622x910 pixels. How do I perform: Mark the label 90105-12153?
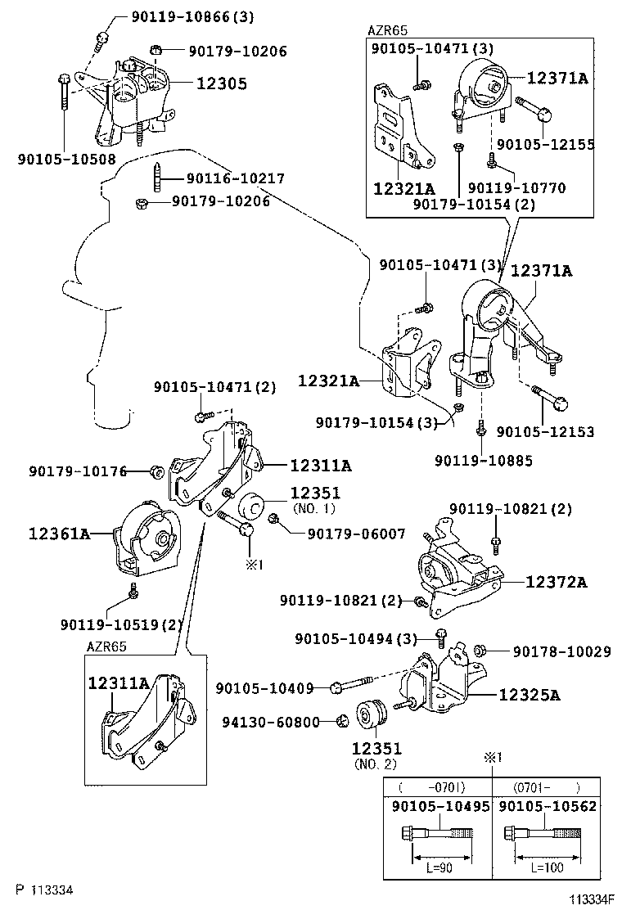(x=545, y=431)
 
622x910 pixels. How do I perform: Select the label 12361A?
(x=59, y=534)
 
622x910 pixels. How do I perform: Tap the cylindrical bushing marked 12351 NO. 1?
(x=249, y=505)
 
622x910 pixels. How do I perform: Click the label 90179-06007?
(x=356, y=534)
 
